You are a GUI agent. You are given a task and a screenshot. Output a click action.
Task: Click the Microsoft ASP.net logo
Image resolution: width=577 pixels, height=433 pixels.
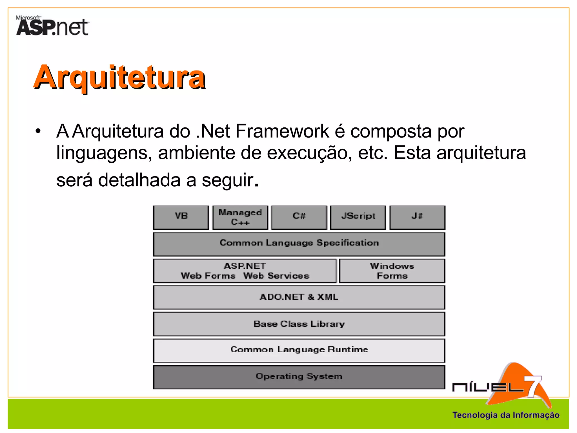pyautogui.click(x=52, y=26)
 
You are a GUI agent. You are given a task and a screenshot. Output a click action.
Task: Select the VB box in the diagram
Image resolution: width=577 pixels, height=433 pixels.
pyautogui.click(x=181, y=217)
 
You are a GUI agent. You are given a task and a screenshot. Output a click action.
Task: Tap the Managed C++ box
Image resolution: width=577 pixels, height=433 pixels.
pyautogui.click(x=240, y=217)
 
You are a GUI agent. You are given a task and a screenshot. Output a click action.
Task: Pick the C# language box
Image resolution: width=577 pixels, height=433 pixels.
pyautogui.click(x=299, y=217)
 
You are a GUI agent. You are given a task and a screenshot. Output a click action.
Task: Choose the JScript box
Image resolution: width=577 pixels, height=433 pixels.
pyautogui.click(x=358, y=217)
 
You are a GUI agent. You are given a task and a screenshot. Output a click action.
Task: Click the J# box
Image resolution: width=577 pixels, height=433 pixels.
pyautogui.click(x=417, y=217)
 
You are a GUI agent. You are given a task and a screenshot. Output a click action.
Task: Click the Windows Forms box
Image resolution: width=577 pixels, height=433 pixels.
pyautogui.click(x=392, y=271)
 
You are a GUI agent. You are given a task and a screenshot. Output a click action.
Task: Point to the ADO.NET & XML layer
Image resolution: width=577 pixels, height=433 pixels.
pyautogui.click(x=299, y=297)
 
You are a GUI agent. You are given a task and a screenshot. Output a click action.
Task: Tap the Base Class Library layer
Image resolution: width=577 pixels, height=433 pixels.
pyautogui.click(x=299, y=324)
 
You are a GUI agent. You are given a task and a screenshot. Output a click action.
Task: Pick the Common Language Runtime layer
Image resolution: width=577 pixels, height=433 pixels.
pyautogui.click(x=299, y=350)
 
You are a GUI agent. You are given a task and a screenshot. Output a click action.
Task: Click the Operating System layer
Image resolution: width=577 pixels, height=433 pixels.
pyautogui.click(x=299, y=377)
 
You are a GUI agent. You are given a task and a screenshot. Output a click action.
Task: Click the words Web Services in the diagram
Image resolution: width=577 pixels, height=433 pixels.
pyautogui.click(x=276, y=276)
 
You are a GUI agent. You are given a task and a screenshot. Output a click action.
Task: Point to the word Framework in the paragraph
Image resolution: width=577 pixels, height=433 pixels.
pyautogui.click(x=282, y=131)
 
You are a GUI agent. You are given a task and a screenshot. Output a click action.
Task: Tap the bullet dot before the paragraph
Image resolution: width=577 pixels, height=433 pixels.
pyautogui.click(x=38, y=131)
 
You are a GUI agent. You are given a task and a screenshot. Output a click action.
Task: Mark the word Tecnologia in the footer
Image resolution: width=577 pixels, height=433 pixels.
pyautogui.click(x=475, y=415)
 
